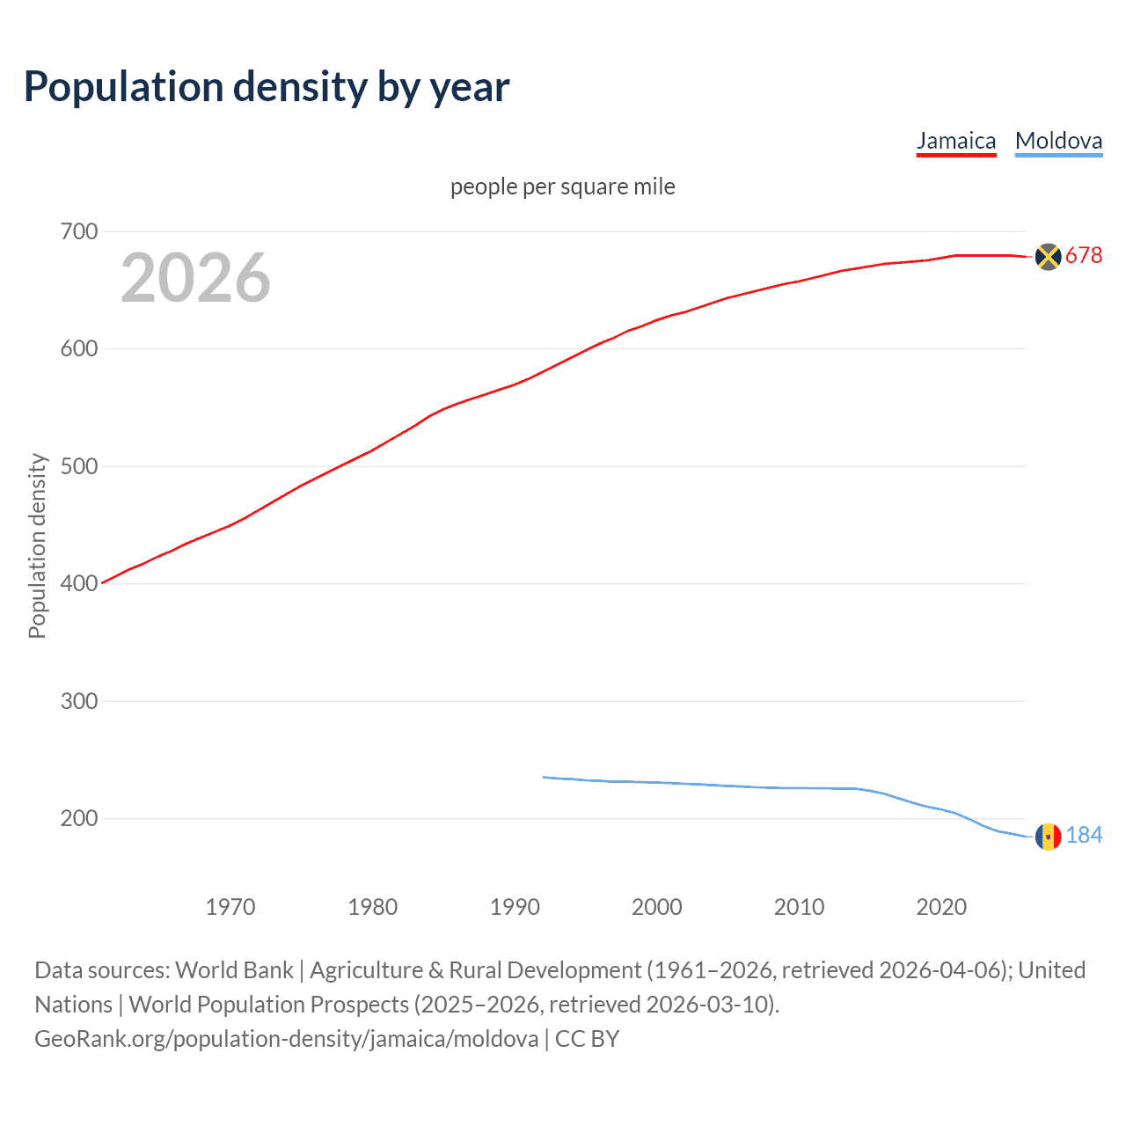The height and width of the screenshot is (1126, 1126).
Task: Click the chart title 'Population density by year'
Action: click(x=267, y=87)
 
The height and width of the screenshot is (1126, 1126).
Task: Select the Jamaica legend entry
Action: click(x=956, y=141)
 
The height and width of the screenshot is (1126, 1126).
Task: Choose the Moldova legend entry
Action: click(x=1058, y=141)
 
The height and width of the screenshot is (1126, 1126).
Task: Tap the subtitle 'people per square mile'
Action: click(x=562, y=186)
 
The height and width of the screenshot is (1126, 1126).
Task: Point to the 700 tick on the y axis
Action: click(x=79, y=231)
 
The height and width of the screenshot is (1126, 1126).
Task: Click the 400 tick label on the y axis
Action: click(x=79, y=583)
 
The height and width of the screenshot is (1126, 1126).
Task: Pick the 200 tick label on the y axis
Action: click(x=79, y=818)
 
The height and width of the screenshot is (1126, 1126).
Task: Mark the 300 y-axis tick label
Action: click(x=79, y=701)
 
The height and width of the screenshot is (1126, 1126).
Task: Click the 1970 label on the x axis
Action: click(x=230, y=907)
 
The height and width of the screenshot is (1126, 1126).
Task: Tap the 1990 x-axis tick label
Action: click(x=515, y=907)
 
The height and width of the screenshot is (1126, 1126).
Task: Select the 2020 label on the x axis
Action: click(x=941, y=907)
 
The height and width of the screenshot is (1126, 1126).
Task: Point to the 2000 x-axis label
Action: click(x=657, y=907)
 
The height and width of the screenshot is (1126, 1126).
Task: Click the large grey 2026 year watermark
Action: click(x=195, y=278)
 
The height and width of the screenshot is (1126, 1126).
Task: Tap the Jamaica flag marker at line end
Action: click(x=1048, y=256)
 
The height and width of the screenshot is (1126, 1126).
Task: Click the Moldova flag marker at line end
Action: click(x=1048, y=837)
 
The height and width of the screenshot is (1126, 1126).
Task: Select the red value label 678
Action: click(x=1084, y=256)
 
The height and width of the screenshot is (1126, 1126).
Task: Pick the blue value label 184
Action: click(x=1084, y=836)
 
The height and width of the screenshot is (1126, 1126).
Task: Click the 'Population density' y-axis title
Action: click(x=37, y=545)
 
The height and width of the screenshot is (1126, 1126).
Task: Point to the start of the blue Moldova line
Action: click(x=544, y=777)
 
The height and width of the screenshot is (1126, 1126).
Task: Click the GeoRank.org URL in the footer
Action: click(x=287, y=1039)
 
